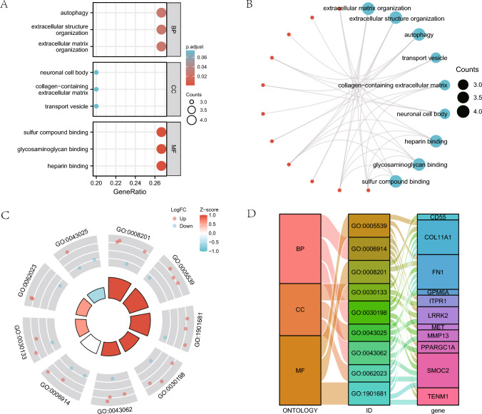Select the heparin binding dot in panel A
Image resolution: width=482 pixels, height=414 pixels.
160,166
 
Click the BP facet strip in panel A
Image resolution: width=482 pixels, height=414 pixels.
172,30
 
